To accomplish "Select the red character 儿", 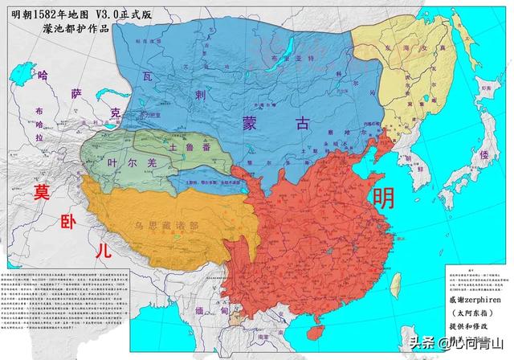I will [x=102, y=250].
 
